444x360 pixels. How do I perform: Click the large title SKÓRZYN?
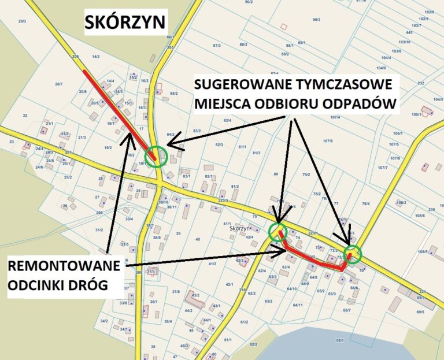(125, 22)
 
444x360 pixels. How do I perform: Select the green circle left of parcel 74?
(279, 231)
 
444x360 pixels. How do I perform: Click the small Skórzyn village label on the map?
(239, 229)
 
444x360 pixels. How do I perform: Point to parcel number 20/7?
(58, 84)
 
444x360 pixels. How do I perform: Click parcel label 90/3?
(316, 20)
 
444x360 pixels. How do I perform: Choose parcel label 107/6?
(328, 141)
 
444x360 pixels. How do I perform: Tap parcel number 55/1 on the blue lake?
(339, 341)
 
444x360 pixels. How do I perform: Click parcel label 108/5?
(422, 252)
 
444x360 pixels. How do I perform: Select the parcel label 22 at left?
(25, 116)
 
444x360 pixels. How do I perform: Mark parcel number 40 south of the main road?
(198, 239)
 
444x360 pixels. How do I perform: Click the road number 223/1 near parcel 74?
(313, 232)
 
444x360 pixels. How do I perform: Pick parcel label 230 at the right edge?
(432, 210)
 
